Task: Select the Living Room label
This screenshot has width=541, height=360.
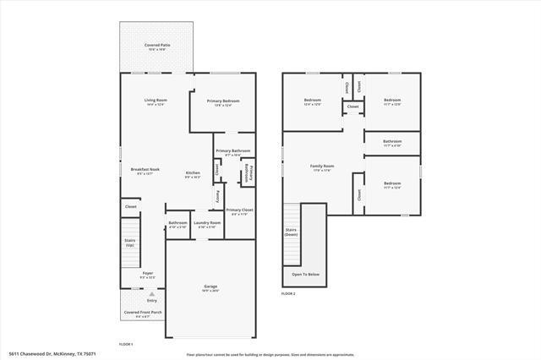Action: pos(155,101)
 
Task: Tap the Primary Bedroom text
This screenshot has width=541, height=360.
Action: pos(224,101)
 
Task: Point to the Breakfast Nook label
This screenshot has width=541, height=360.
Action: pos(143,171)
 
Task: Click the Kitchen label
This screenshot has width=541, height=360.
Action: pos(193,175)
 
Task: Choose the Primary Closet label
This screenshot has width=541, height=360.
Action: pos(240,211)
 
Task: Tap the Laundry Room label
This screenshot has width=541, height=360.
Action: pos(209,224)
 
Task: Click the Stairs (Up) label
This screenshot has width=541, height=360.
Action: pos(129,242)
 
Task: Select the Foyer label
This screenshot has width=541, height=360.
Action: pos(148,275)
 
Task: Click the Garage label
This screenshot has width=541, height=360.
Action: pos(210,287)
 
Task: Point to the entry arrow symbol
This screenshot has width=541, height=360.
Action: pos(152,293)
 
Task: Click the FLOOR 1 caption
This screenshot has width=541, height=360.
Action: pos(126,344)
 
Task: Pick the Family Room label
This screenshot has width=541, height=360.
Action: pos(322,167)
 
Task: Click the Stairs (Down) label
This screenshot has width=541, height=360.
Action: pos(292,232)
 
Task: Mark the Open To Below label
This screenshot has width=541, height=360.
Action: pos(305,275)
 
